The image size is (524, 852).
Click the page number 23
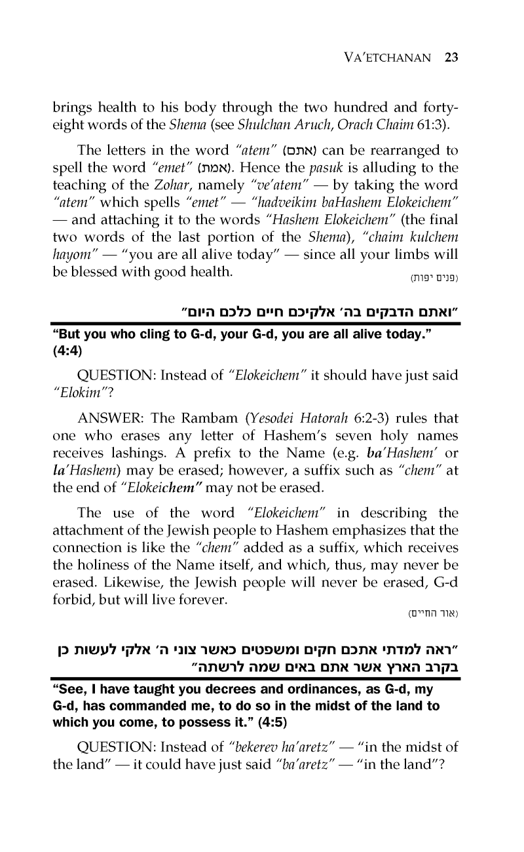pos(451,57)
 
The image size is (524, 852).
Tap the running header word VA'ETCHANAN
pos(387,58)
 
